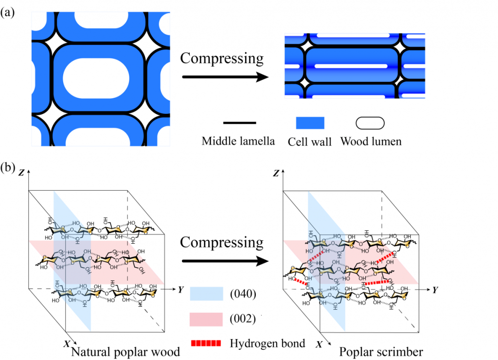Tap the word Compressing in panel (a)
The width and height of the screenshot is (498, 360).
click(x=222, y=58)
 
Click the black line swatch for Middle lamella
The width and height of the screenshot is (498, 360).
click(x=239, y=123)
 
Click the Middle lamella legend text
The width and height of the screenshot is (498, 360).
click(x=238, y=142)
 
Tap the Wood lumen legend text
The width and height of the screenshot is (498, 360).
click(x=371, y=142)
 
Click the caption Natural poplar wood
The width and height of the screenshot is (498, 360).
click(x=124, y=351)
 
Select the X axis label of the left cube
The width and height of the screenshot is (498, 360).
click(x=67, y=343)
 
